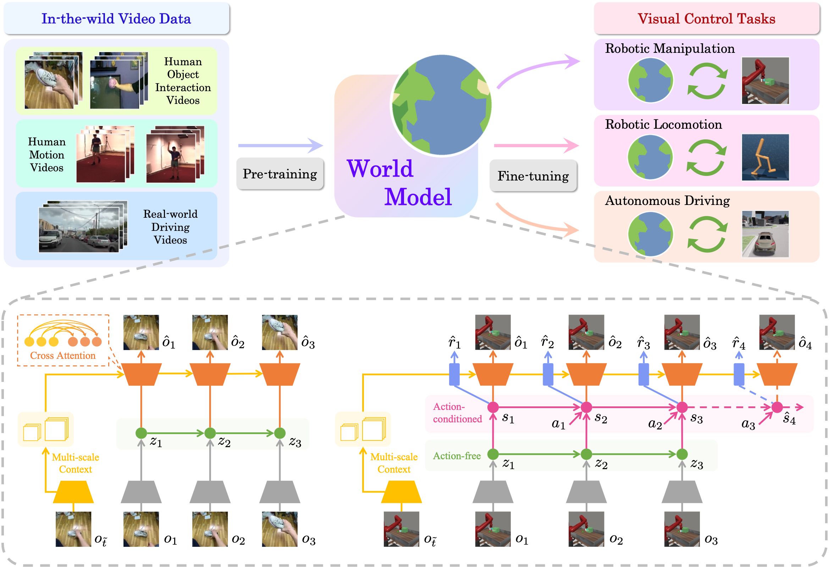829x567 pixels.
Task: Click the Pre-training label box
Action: [280, 174]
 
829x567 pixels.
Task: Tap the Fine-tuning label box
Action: [533, 176]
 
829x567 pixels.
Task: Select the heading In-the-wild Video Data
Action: [116, 18]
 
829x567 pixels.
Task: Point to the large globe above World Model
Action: [442, 105]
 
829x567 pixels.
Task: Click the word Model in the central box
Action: [418, 197]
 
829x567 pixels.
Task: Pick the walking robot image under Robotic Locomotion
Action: [765, 157]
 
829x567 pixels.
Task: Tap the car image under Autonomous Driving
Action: [765, 234]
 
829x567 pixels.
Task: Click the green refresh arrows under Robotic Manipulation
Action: [707, 81]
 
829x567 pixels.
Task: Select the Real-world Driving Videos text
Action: [170, 227]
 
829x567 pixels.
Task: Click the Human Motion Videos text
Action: [47, 155]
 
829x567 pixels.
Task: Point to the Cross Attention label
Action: [63, 356]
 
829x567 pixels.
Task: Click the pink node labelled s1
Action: [493, 407]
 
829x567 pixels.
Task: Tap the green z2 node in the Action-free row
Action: [586, 454]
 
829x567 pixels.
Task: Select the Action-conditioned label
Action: [457, 413]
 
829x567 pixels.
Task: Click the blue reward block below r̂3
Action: [643, 374]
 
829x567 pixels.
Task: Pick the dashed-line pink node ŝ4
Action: [777, 407]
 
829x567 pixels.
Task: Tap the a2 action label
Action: [655, 424]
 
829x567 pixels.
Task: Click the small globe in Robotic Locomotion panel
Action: [650, 157]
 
